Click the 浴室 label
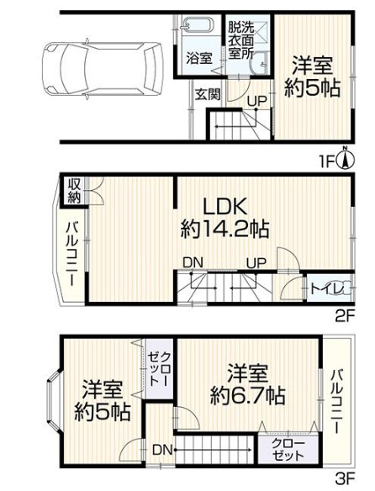[x=199, y=59]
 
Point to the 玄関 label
[x=207, y=94]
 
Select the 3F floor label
[x=343, y=480]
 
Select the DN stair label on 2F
[x=193, y=263]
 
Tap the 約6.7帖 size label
[x=247, y=394]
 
